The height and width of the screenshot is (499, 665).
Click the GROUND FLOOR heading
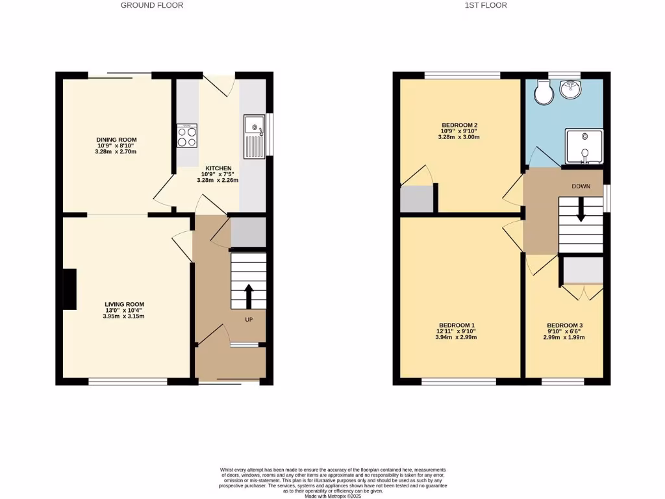pos(152,5)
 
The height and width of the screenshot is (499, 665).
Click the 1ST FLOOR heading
pos(486,5)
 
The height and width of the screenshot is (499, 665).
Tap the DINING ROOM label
pos(116,140)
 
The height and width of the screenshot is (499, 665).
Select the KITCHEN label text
pos(218,168)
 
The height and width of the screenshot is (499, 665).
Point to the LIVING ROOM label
pos(125,304)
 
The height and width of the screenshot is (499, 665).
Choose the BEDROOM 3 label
pos(564,325)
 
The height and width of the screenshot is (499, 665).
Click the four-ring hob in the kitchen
pos(187,136)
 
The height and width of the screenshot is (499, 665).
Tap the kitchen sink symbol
pos(254,136)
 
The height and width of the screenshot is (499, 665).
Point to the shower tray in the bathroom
pos(584,145)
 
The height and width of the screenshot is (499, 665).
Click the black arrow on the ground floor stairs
pos(248,295)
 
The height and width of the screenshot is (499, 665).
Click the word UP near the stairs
pos(249,320)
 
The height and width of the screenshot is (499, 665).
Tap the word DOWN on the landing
pos(581,186)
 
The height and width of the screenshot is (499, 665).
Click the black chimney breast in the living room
pos(69,289)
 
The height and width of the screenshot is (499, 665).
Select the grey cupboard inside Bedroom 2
pos(416,199)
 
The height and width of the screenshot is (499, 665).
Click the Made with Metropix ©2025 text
pos(332,496)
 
